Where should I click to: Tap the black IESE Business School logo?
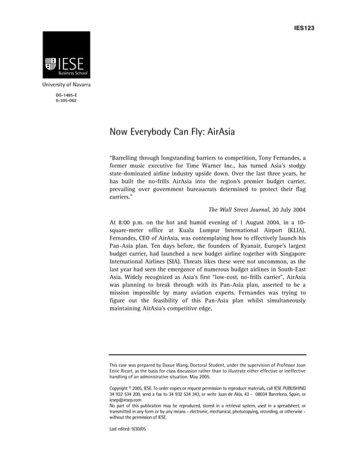66,55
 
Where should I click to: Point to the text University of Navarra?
66,86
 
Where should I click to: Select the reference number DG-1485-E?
66,97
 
